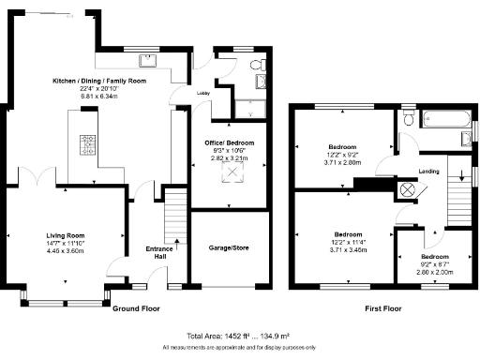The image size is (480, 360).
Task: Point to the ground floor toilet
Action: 258,66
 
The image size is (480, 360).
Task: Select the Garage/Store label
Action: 230,248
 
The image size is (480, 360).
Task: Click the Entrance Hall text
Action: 160,252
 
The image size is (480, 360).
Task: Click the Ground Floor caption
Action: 136,307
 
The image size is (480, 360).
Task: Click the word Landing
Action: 428,171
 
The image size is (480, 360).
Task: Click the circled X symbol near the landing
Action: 407,188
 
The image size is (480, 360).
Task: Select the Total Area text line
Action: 238,336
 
